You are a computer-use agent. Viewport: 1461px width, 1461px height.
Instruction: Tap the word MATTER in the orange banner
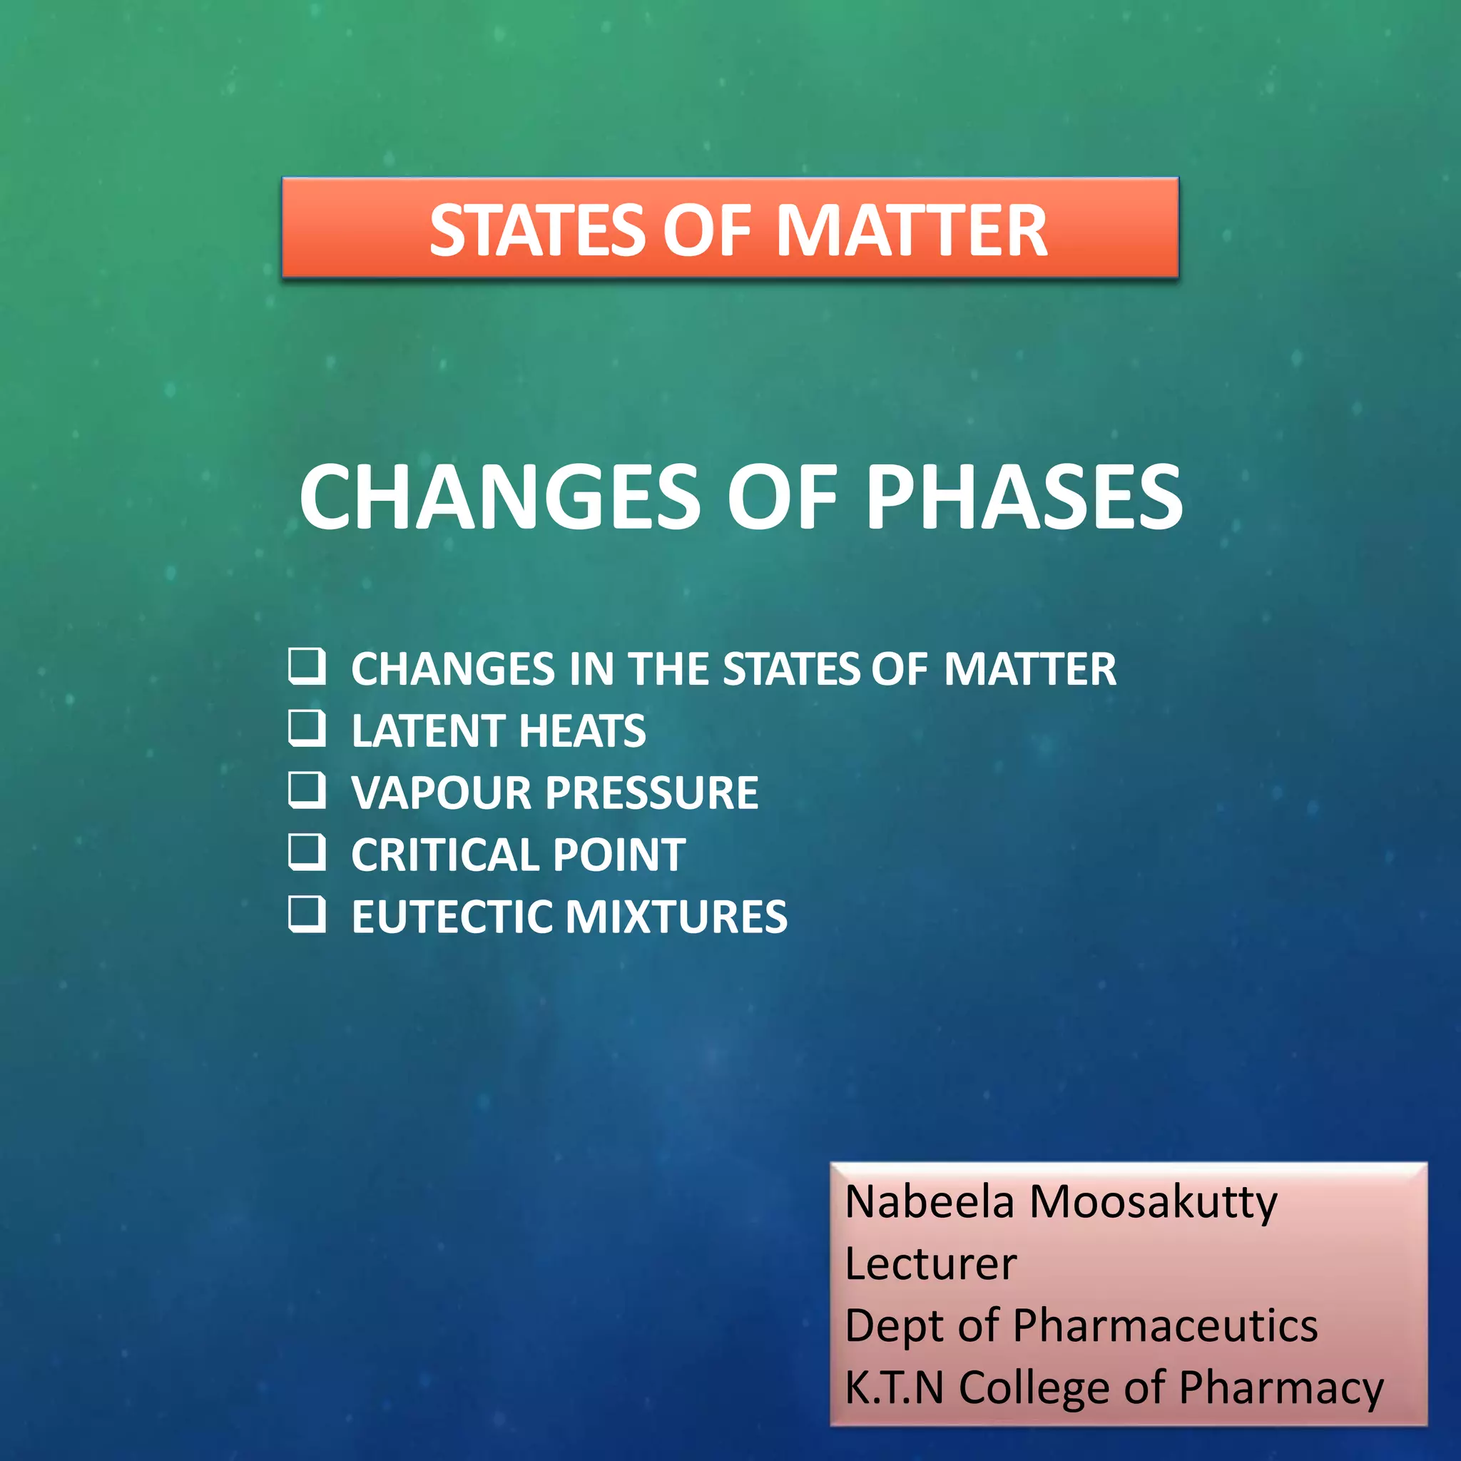(x=911, y=230)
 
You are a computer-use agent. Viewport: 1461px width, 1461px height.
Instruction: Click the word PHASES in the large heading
(x=1024, y=498)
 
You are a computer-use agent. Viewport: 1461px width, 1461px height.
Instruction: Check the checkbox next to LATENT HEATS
(x=306, y=728)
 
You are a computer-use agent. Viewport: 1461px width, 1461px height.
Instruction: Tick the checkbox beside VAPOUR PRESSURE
(x=306, y=790)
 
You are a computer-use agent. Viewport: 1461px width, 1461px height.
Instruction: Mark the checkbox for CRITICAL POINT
(x=306, y=852)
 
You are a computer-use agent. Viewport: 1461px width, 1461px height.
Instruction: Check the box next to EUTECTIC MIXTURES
(x=306, y=915)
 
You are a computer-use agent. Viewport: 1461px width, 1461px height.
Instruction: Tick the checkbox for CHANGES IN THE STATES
(x=306, y=666)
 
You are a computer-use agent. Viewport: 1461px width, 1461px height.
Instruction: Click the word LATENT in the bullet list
(x=428, y=731)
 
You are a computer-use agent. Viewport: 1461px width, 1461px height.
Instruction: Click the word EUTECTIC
(x=452, y=917)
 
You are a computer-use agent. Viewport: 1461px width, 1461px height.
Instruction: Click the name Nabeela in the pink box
(x=930, y=1201)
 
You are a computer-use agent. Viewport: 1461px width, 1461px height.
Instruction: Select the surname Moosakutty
(x=1154, y=1201)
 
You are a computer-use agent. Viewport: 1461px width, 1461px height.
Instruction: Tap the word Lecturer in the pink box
(x=930, y=1263)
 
